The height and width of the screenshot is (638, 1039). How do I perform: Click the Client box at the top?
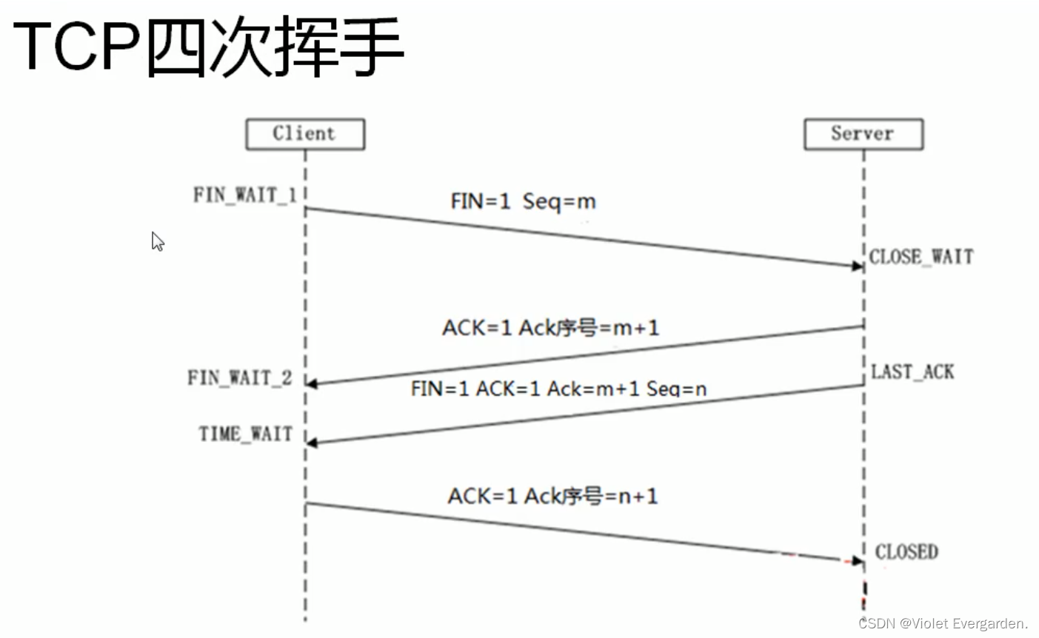[x=304, y=134]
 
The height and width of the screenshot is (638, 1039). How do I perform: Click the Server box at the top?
[x=863, y=134]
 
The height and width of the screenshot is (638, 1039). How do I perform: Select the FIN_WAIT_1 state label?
[x=244, y=195]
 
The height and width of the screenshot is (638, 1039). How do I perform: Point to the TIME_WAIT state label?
[x=245, y=434]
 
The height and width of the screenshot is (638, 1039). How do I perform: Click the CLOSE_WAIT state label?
[x=921, y=257]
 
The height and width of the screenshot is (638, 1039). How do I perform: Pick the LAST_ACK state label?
[x=912, y=372]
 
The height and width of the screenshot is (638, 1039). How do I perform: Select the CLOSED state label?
[x=906, y=552]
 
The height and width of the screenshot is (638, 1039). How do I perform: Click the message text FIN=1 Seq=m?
[x=523, y=201]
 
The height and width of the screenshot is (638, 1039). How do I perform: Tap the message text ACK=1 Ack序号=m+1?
[x=550, y=327]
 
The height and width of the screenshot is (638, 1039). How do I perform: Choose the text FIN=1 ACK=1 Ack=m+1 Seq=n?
[x=558, y=389]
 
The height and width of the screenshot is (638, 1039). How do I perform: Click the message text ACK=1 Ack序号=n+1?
[x=552, y=496]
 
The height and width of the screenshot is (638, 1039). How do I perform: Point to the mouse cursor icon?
[x=157, y=241]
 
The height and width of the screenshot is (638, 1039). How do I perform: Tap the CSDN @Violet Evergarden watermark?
[x=943, y=623]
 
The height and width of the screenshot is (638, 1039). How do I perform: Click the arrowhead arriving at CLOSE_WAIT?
[x=858, y=266]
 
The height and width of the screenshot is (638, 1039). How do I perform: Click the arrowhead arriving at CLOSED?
[x=858, y=561]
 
